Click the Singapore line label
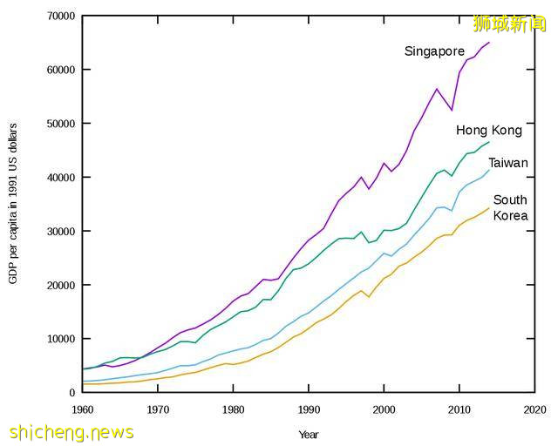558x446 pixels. [x=434, y=51]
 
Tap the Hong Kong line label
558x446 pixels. [x=489, y=131]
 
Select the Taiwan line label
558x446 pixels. [x=507, y=163]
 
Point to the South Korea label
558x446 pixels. [x=510, y=208]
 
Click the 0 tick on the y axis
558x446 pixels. [x=71, y=393]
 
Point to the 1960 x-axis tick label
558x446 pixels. [x=82, y=409]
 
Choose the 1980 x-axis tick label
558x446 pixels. [x=233, y=409]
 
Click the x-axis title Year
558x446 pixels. [x=309, y=434]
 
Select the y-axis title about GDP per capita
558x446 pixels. [x=14, y=203]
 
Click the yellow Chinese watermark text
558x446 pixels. [x=509, y=24]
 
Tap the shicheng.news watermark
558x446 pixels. [x=71, y=432]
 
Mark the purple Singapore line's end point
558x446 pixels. [x=489, y=43]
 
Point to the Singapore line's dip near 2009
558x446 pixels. [x=452, y=110]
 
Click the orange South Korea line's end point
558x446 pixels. [x=489, y=208]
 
